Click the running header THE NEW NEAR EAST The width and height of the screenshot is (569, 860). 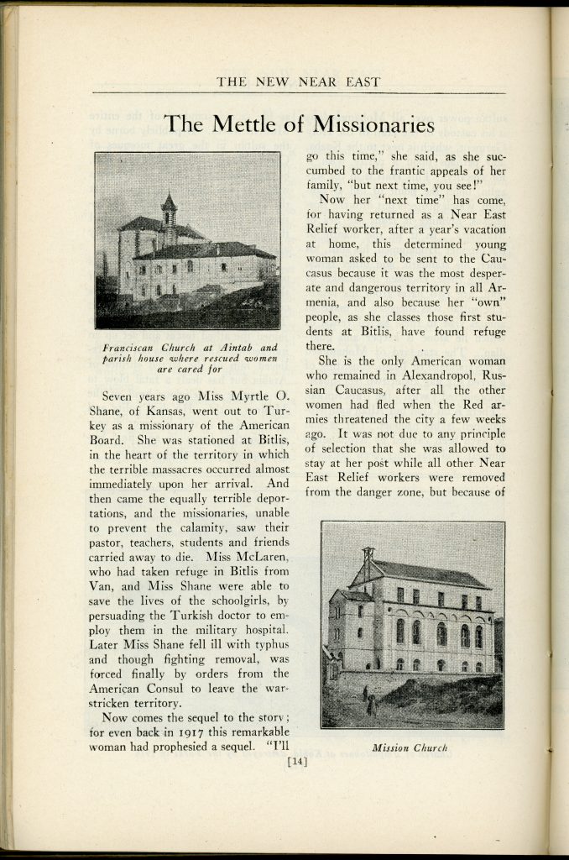[298, 81]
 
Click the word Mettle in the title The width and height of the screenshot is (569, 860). [239, 124]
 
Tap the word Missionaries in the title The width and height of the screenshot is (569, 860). [373, 124]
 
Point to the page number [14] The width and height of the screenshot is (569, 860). [297, 762]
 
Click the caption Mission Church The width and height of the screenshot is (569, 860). [411, 747]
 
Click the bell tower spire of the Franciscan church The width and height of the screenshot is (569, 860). [169, 202]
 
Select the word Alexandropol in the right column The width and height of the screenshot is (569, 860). [401, 377]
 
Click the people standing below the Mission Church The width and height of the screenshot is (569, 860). [369, 700]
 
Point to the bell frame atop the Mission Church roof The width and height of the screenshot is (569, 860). [368, 556]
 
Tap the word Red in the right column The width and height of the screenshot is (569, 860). [472, 407]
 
